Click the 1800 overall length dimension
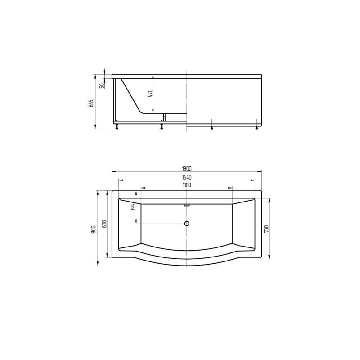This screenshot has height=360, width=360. (187, 169)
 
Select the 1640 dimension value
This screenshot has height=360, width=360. (187, 177)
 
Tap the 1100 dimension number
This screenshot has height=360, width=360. (187, 185)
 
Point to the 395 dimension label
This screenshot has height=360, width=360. (135, 207)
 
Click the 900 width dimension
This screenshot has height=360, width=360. (94, 229)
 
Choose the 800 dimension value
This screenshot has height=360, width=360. (104, 224)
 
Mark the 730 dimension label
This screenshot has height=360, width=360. (266, 229)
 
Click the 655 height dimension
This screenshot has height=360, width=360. (91, 104)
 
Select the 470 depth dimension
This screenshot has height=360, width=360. (150, 94)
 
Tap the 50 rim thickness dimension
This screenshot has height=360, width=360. (102, 86)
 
